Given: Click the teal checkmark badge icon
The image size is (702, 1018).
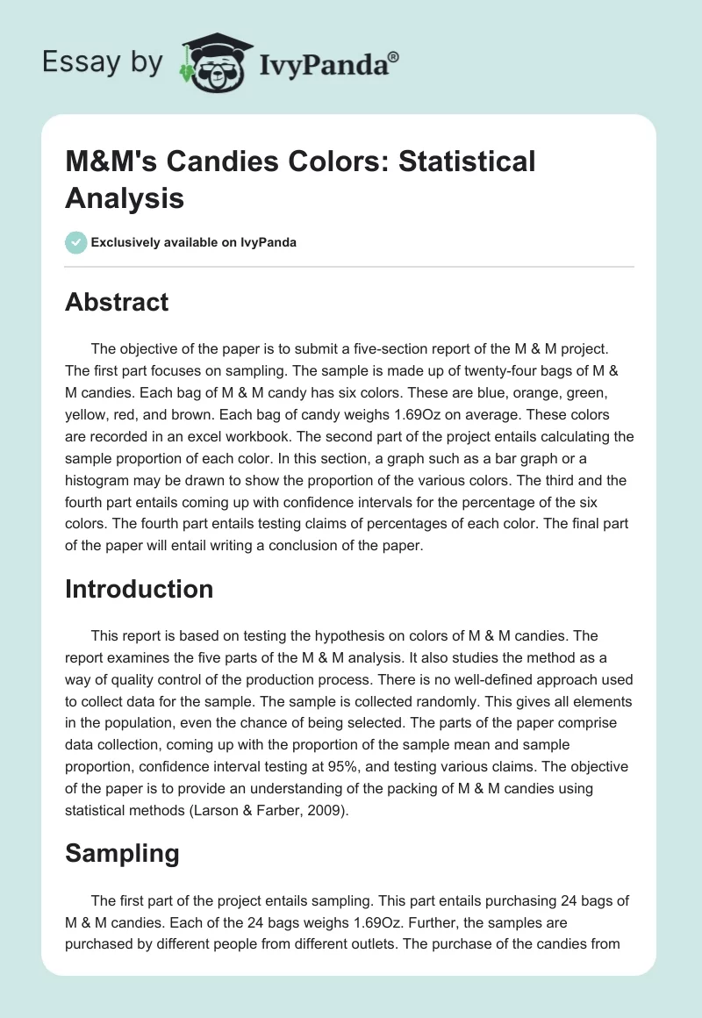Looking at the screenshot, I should (x=76, y=242).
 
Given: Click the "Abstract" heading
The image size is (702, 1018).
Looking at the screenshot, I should (x=117, y=302).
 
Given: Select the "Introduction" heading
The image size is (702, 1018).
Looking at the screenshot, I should (x=139, y=588).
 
